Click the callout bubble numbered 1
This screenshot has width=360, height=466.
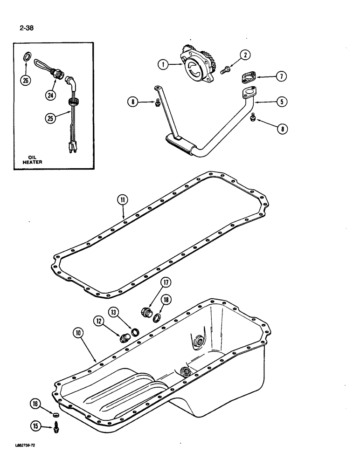(163, 65)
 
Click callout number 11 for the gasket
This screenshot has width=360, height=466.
(122, 200)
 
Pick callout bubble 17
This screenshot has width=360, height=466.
(166, 282)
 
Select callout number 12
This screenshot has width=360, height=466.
(99, 321)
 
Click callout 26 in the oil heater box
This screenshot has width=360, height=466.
(25, 80)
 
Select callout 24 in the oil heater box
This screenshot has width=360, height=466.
(50, 96)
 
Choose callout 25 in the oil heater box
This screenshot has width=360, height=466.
(50, 118)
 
